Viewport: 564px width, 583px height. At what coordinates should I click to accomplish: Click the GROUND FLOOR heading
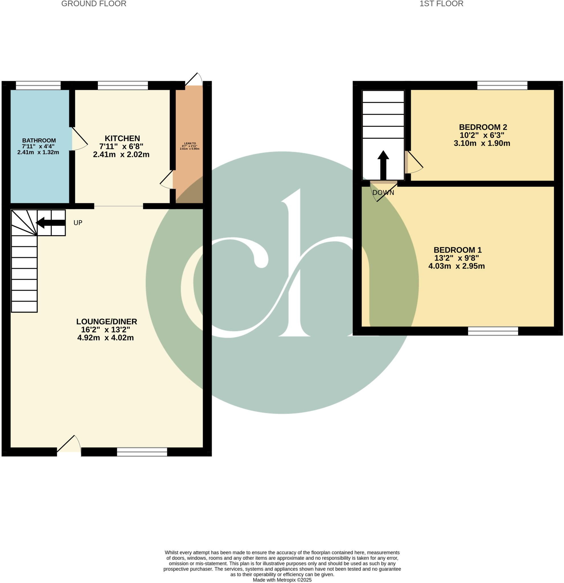click(94, 4)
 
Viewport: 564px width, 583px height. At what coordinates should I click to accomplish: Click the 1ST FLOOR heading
click(441, 4)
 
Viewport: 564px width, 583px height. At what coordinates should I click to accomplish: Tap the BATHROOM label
click(39, 140)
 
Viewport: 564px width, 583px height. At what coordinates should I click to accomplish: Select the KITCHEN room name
click(122, 138)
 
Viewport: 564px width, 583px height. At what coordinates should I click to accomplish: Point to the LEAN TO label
click(190, 143)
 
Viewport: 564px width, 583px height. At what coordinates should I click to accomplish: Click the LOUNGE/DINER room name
click(106, 322)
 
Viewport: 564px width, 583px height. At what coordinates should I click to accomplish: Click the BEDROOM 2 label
click(483, 127)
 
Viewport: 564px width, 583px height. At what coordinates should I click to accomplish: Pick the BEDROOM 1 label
click(458, 250)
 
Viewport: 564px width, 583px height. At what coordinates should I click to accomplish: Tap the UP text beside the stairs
click(78, 223)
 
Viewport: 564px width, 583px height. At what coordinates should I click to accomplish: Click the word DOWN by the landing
click(383, 192)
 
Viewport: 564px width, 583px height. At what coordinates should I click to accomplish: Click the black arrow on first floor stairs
click(383, 165)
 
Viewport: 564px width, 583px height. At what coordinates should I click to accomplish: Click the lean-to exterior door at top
click(194, 80)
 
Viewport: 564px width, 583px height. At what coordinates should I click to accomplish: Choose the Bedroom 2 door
click(414, 163)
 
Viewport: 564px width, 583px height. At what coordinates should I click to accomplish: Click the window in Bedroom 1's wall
click(493, 331)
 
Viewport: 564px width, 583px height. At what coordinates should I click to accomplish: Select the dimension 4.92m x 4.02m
click(105, 338)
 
